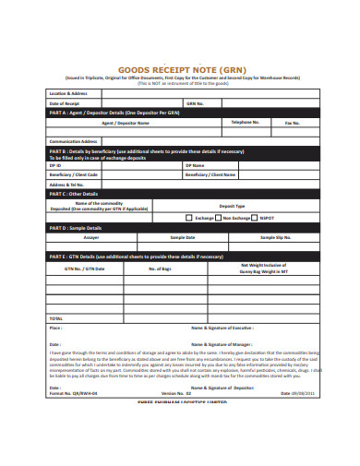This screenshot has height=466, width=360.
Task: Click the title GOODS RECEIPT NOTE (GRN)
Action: pos(179,69)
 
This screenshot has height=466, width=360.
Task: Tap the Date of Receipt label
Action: pos(66,102)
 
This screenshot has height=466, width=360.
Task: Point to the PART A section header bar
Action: pos(181,112)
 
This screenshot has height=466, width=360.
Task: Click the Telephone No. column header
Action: pos(245,122)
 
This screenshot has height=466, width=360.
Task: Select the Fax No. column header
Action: pos(293,122)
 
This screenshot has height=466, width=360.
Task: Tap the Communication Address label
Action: pos(74,141)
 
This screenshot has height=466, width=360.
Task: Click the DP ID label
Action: pos(54,165)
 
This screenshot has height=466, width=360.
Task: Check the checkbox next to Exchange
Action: pos(188,218)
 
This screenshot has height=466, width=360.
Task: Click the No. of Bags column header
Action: pos(161,269)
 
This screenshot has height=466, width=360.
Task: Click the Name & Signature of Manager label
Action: pos(222,343)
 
